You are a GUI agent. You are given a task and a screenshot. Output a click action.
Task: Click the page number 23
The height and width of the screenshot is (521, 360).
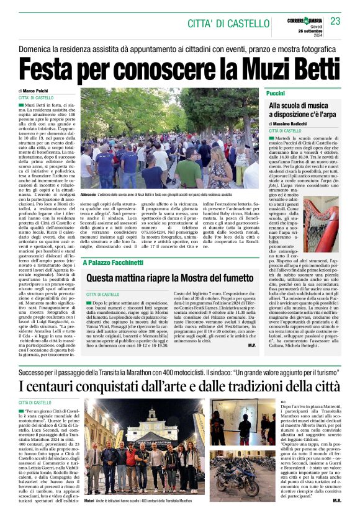click(x=335, y=22)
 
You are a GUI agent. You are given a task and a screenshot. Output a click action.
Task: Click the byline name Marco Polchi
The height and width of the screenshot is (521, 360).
click(x=42, y=91)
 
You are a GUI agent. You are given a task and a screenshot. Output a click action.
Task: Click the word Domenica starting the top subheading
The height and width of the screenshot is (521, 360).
click(x=38, y=48)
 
